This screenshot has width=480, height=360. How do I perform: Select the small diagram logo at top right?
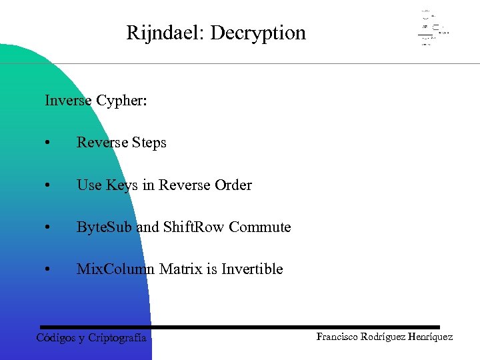pyautogui.click(x=433, y=28)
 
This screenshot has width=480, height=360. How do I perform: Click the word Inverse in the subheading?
pyautogui.click(x=68, y=101)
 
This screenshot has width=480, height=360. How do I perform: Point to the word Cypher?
pyautogui.click(x=121, y=101)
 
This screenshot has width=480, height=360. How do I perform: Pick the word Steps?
pyautogui.click(x=149, y=143)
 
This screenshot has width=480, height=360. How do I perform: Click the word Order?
pyautogui.click(x=233, y=185)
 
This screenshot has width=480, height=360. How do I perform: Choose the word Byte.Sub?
pyautogui.click(x=104, y=227)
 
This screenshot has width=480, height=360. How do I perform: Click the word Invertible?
pyautogui.click(x=252, y=269)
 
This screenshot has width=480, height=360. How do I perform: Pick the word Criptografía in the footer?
pyautogui.click(x=117, y=338)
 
